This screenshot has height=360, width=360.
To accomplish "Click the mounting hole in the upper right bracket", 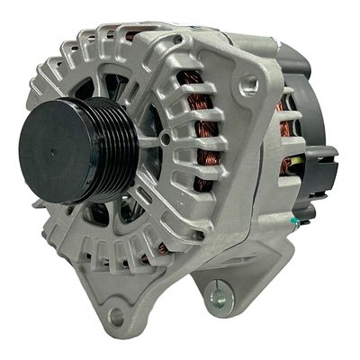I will click(x=250, y=86).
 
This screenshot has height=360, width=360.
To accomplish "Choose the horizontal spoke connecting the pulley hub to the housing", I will click(x=153, y=142).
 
